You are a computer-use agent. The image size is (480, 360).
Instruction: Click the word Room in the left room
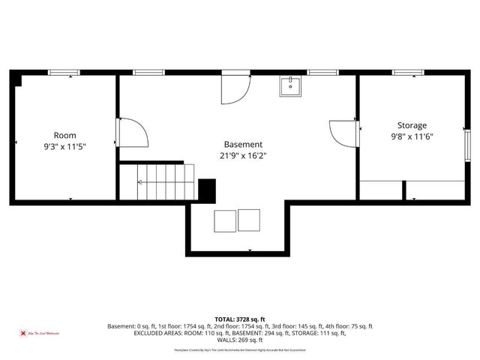coord(64,136)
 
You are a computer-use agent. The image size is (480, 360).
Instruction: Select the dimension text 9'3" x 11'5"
coord(64,147)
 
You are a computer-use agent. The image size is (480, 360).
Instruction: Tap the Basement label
coord(243,144)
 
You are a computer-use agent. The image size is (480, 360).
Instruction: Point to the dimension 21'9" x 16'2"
coord(243,155)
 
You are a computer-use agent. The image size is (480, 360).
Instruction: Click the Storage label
coord(412,125)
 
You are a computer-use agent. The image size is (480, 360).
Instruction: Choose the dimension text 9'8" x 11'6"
coord(412,136)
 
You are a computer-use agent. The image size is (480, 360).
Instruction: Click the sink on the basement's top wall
coord(290,86)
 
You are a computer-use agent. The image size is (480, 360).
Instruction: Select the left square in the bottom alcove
coord(224,220)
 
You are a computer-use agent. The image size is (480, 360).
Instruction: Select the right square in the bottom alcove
coord(249,220)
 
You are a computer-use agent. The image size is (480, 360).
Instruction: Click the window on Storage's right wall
coord(467,143)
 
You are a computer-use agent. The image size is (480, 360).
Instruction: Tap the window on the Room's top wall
coord(64,72)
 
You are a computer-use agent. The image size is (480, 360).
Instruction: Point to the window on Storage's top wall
coord(407,72)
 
